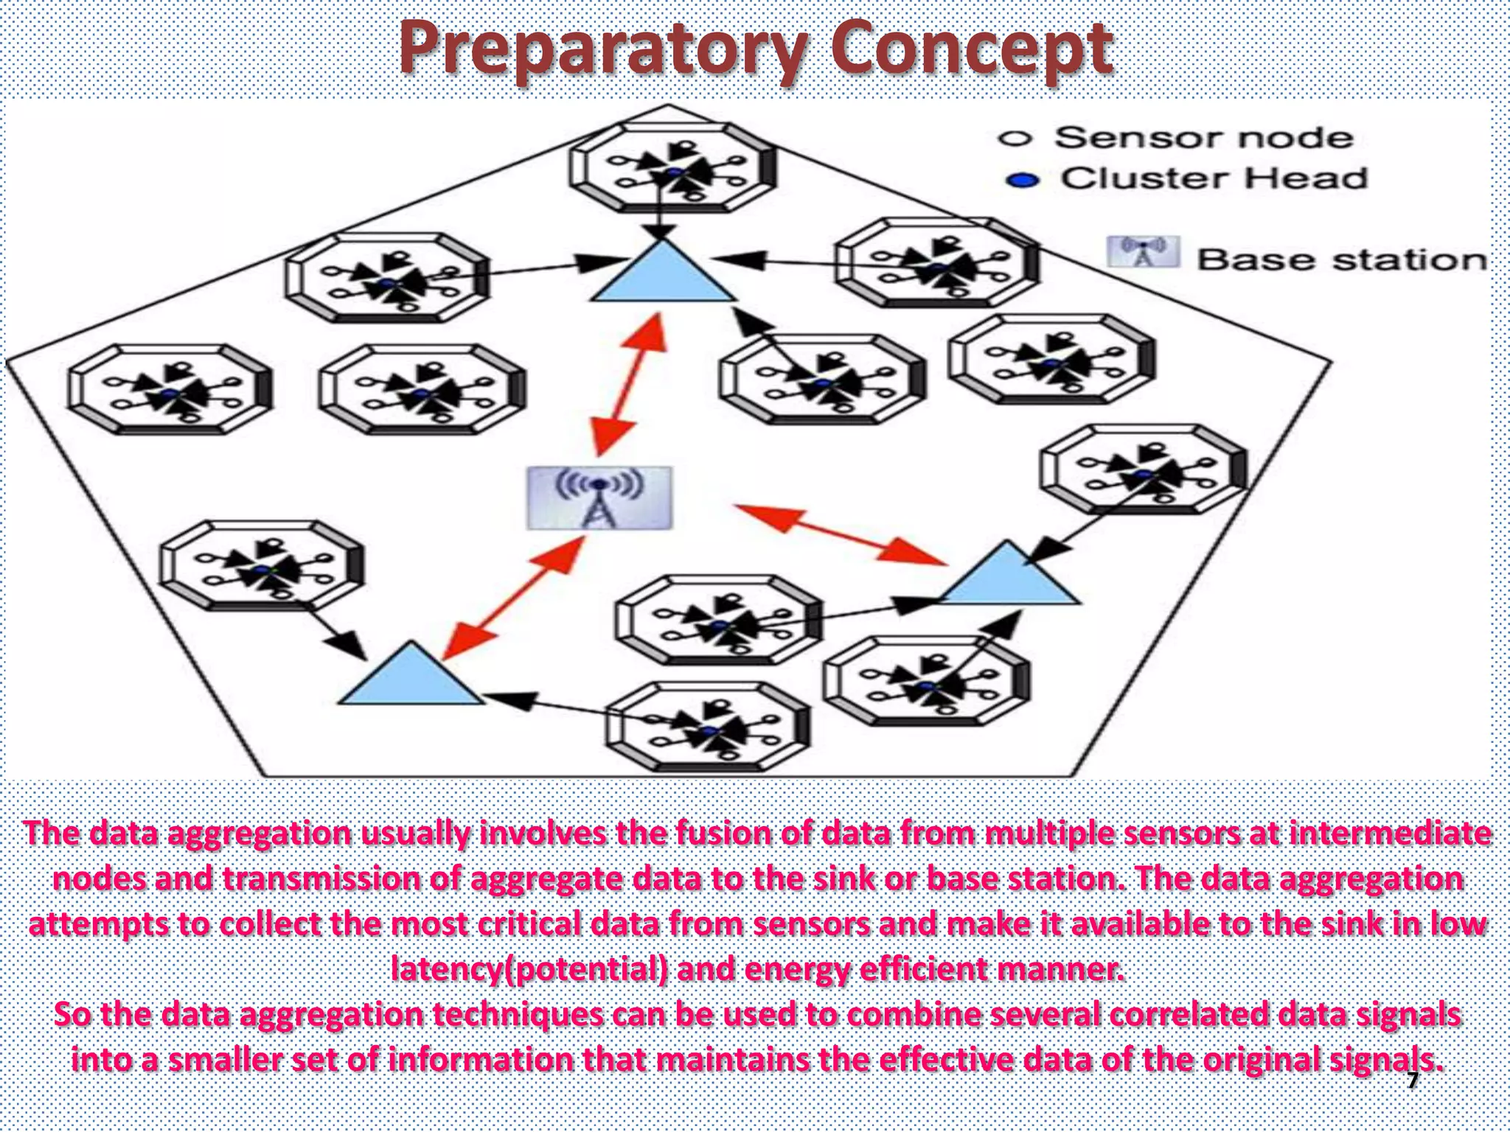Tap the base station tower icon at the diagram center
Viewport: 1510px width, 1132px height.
point(599,498)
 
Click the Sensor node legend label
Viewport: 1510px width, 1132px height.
point(1203,138)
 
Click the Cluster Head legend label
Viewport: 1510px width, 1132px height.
point(1214,178)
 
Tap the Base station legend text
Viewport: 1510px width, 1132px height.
point(1341,259)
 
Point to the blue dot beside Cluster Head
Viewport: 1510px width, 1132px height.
point(1022,180)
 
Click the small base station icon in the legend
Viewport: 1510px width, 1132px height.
point(1143,252)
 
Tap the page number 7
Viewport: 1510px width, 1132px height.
point(1412,1081)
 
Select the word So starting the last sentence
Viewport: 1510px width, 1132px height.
point(73,1014)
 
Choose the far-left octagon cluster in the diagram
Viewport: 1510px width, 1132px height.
point(170,389)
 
